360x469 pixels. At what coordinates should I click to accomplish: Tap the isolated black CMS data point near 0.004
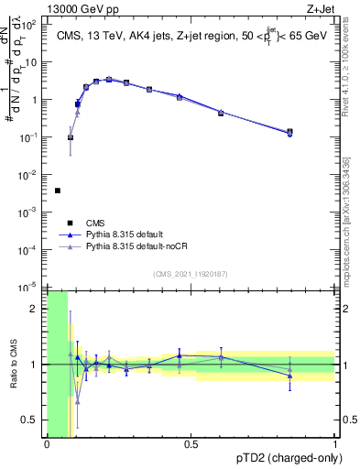click(x=58, y=191)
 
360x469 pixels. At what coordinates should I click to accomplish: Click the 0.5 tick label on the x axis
click(x=191, y=443)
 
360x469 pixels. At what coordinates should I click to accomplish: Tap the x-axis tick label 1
click(x=335, y=443)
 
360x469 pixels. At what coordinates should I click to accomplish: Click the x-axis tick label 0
click(x=47, y=443)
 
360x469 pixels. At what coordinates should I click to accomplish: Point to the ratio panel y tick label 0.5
click(x=31, y=420)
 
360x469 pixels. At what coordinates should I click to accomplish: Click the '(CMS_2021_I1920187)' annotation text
click(x=191, y=274)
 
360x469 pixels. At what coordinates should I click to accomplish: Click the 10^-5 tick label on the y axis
click(x=31, y=287)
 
